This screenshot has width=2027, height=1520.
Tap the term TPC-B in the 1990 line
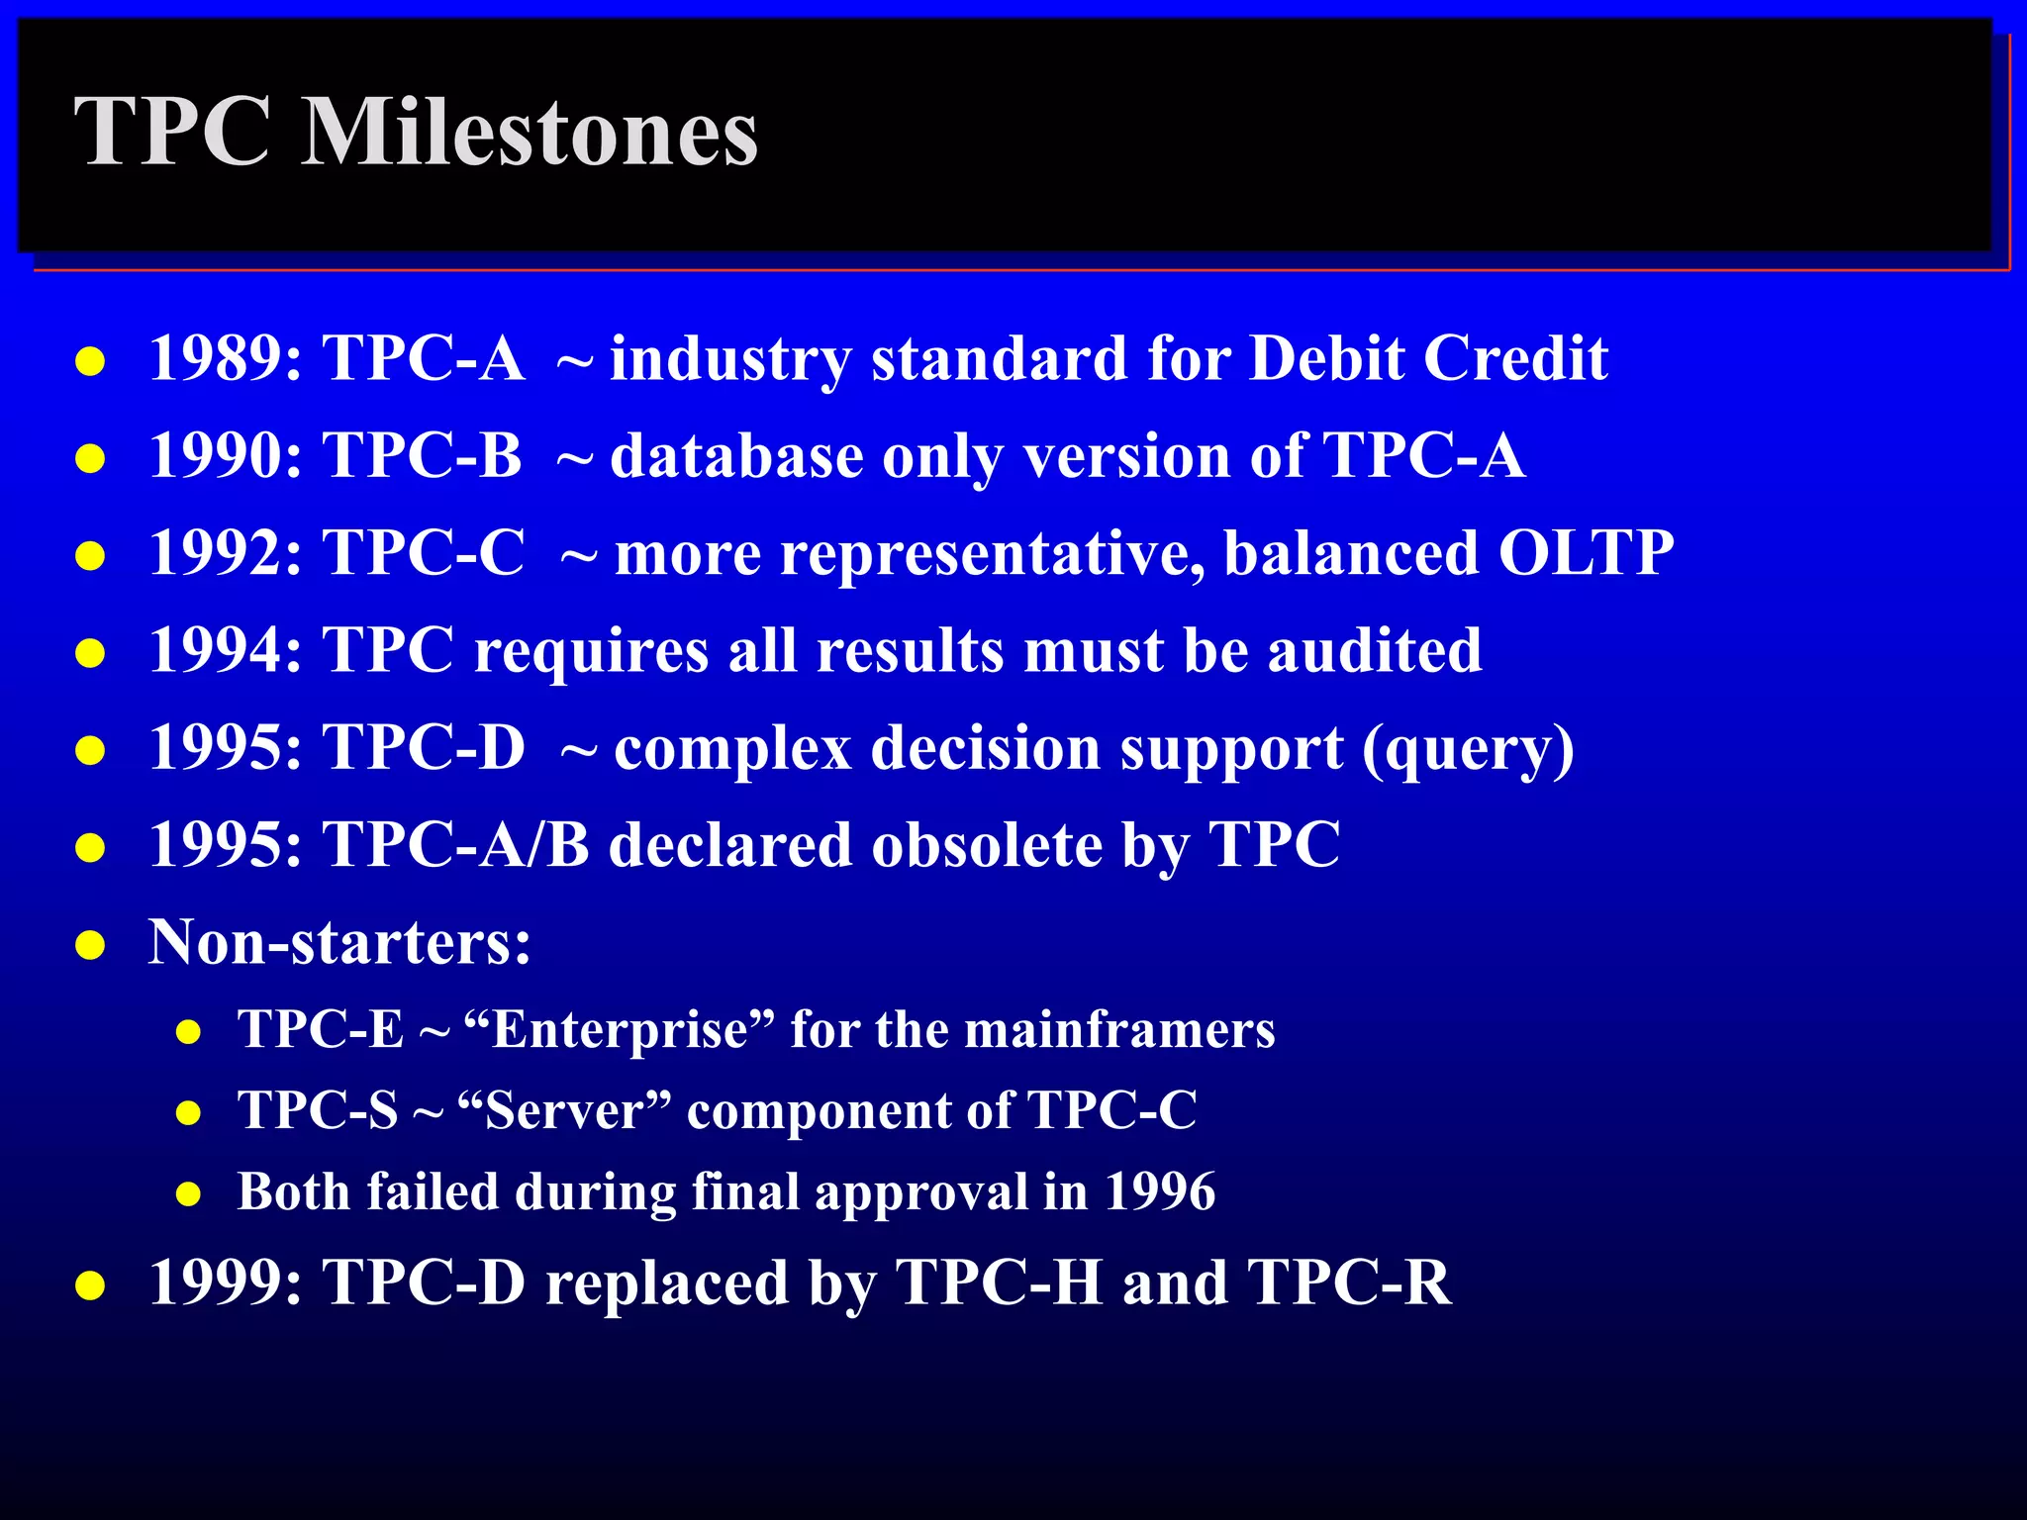[x=423, y=455]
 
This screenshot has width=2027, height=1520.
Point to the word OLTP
[x=1586, y=552]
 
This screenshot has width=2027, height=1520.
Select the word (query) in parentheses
[x=1469, y=748]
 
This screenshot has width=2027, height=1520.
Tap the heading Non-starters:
[x=339, y=941]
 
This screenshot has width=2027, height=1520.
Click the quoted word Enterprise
[x=620, y=1029]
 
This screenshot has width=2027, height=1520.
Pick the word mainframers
[x=1119, y=1029]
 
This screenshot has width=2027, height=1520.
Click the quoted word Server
[x=565, y=1110]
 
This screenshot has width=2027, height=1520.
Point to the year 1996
[x=1160, y=1191]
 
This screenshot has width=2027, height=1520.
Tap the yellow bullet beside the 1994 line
[x=90, y=654]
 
